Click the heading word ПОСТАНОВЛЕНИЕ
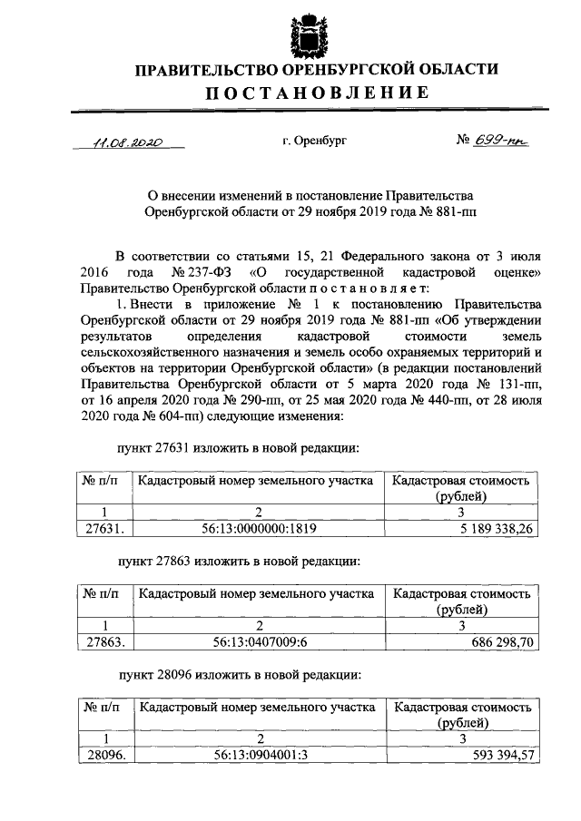click(x=314, y=93)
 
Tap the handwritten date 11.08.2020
click(x=128, y=142)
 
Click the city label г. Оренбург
click(x=314, y=142)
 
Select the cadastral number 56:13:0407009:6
click(x=258, y=641)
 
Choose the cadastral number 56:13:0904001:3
click(x=258, y=755)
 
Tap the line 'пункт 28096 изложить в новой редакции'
click(x=241, y=676)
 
